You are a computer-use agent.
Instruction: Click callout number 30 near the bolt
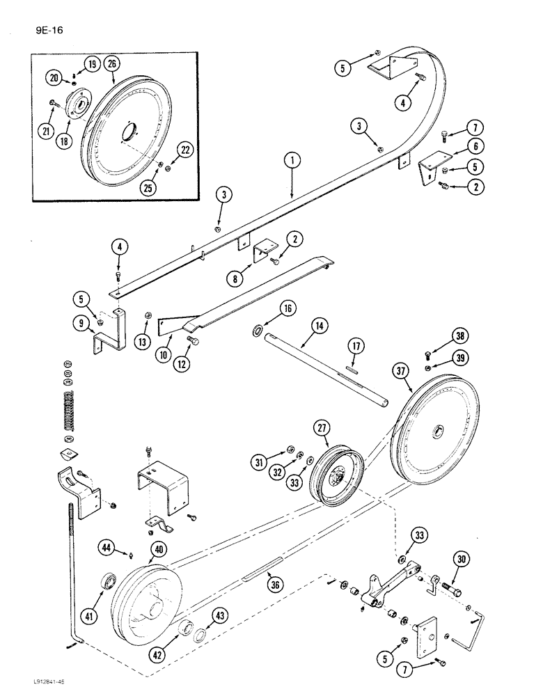[x=460, y=557]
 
